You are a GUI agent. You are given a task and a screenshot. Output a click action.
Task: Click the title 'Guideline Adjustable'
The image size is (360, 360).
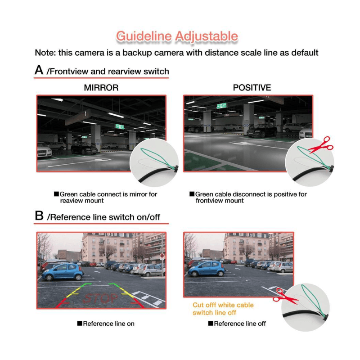pos(177,36)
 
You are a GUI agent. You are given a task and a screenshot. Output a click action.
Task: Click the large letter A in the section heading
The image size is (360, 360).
pos(39,70)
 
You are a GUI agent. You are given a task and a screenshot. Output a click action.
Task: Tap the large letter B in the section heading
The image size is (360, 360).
pos(39,216)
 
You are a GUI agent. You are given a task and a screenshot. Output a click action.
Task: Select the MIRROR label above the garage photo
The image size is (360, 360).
pos(101,88)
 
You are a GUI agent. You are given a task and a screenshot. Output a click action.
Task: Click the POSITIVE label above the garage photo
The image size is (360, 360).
pos(252,88)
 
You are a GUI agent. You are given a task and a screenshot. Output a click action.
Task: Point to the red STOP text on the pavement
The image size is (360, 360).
pos(100,298)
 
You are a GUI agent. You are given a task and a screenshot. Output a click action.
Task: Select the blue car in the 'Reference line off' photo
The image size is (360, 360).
pos(207,269)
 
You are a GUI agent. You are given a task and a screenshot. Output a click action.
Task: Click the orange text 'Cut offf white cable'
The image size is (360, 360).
pos(223,305)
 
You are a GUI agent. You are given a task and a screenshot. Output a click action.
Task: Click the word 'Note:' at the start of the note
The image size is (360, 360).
pos(45,53)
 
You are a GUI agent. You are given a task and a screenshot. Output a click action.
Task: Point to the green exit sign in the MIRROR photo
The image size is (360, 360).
pos(120,126)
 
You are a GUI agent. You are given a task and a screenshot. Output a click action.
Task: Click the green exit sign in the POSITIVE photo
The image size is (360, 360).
pos(221,106)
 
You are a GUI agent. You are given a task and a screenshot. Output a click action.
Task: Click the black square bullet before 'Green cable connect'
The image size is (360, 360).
pos(56,194)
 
